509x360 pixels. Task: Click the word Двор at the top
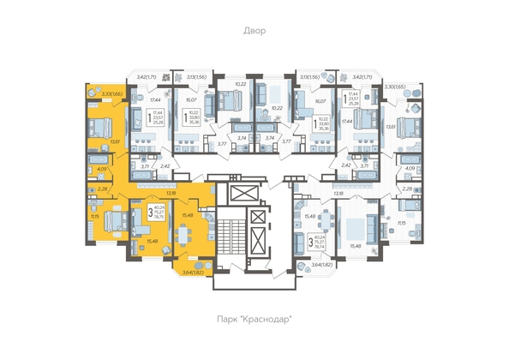click(254, 31)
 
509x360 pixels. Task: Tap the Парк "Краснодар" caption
click(254, 319)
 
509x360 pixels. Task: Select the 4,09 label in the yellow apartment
click(100, 169)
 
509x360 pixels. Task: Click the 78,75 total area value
click(159, 221)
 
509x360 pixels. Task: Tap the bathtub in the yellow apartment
click(97, 160)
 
